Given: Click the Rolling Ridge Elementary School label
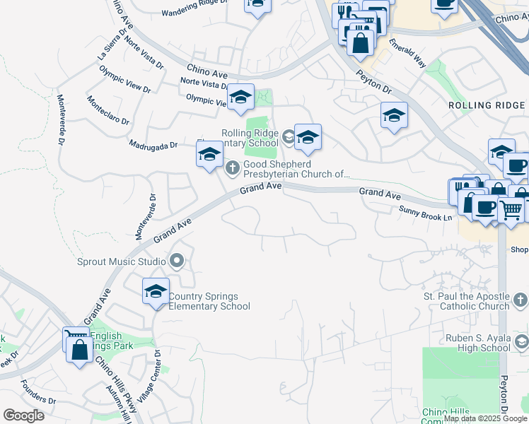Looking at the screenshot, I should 250,138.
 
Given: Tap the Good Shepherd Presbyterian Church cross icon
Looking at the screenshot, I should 233,168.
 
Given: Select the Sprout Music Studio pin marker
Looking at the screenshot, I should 176,262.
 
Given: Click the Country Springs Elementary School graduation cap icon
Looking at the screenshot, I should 156,290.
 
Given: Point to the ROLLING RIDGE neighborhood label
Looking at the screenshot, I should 487,105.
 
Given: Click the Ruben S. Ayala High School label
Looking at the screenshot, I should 478,343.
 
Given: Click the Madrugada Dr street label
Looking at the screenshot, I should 153,145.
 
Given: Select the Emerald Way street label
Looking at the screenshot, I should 407,53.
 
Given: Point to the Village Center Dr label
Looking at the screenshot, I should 150,378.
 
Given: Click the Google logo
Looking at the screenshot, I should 23,416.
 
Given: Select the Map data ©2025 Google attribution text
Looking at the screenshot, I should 486,418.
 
